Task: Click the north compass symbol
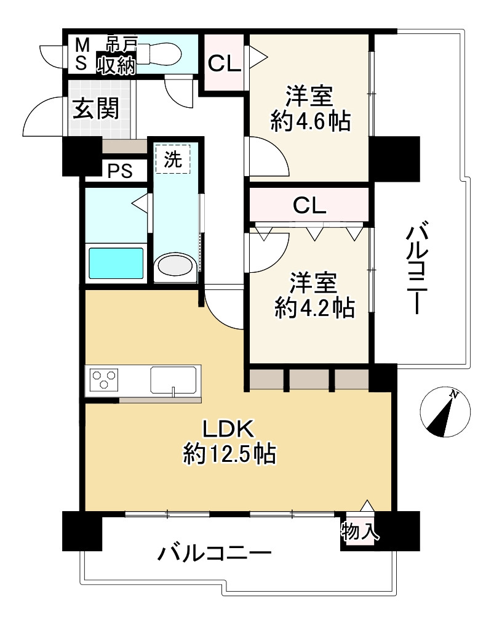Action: tap(446, 414)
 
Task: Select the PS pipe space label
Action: tap(120, 171)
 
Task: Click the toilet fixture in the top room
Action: tap(162, 52)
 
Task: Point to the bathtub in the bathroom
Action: tap(116, 264)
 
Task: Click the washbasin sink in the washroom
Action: tap(175, 266)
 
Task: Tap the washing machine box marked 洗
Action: tap(173, 160)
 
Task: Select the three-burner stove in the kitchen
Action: tap(105, 378)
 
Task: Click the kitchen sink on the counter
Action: tap(174, 379)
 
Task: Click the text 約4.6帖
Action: tap(311, 122)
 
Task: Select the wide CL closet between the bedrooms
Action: tap(309, 205)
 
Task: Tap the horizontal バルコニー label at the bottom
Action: tap(215, 553)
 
